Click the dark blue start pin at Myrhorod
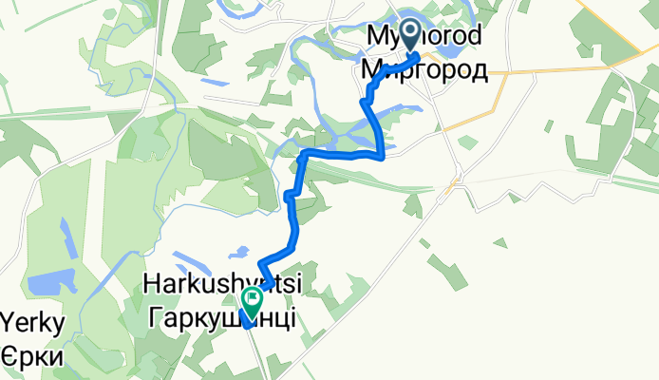tap(410, 34)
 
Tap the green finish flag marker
tap(254, 303)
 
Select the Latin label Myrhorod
tap(424, 36)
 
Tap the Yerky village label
tap(34, 324)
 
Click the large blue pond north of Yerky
tap(45, 283)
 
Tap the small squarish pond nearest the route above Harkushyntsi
tap(233, 254)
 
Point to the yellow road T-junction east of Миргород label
tap(504, 70)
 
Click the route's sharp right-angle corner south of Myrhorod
tap(382, 156)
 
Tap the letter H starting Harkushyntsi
tap(149, 283)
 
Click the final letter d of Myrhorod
tap(473, 36)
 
